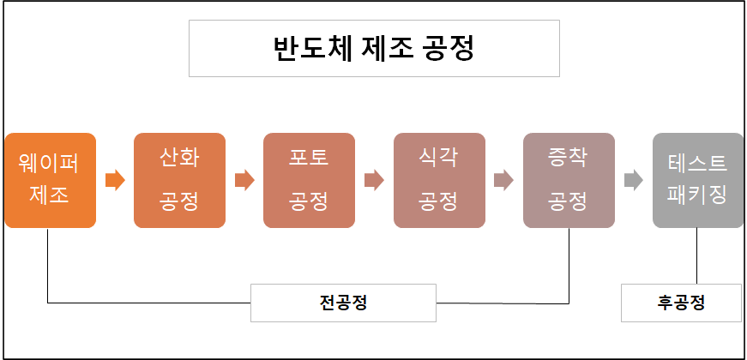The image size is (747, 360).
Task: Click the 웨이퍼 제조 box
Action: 50,180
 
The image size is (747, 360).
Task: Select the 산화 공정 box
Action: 179,180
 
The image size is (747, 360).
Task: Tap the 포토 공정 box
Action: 309,180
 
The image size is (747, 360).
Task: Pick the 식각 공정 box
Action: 438,180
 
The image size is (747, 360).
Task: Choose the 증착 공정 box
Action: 568,180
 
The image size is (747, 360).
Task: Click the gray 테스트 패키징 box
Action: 697,180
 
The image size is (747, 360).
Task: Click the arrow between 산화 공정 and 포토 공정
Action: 244,181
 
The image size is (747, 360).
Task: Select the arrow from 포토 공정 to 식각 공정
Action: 374,181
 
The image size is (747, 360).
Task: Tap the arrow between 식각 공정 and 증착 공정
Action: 503,181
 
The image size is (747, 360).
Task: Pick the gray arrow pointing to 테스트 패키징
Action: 633,181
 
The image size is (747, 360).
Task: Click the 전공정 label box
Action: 343,303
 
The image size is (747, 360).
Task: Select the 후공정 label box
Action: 680,303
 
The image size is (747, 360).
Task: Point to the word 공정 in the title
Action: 449,48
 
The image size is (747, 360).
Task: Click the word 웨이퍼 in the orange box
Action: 50,163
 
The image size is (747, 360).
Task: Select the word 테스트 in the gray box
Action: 697,163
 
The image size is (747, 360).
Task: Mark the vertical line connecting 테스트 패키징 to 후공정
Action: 696,256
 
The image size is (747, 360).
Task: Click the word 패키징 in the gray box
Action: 697,196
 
